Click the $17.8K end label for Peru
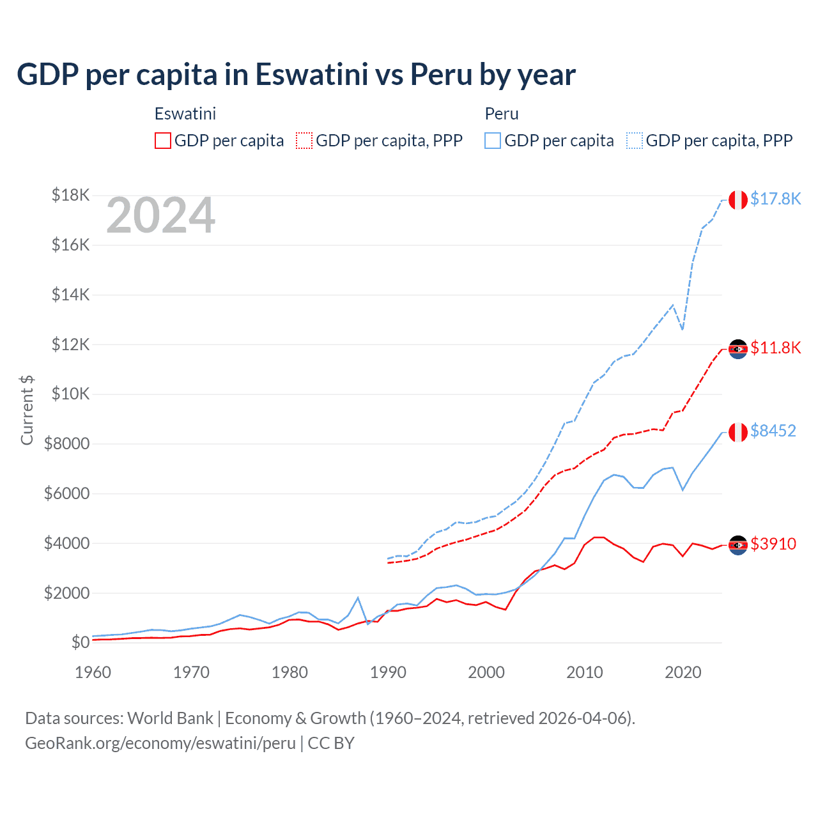(x=775, y=199)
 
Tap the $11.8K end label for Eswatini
(x=775, y=348)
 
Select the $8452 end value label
(x=773, y=431)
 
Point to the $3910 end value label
(x=773, y=544)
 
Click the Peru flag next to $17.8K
(x=738, y=199)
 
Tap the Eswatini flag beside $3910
(x=738, y=545)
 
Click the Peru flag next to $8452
(x=738, y=432)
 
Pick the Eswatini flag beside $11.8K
(x=738, y=349)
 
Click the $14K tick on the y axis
(x=70, y=295)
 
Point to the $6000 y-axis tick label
(x=66, y=493)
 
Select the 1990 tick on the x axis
(x=388, y=672)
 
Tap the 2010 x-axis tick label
(x=585, y=672)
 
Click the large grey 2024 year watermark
(x=160, y=216)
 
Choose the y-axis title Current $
(x=27, y=410)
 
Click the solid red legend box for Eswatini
(x=163, y=141)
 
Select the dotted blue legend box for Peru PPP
(x=635, y=141)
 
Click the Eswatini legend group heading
(x=185, y=114)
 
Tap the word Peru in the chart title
(x=440, y=74)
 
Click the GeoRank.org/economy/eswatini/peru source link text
(x=160, y=743)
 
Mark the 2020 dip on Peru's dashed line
(x=683, y=329)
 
